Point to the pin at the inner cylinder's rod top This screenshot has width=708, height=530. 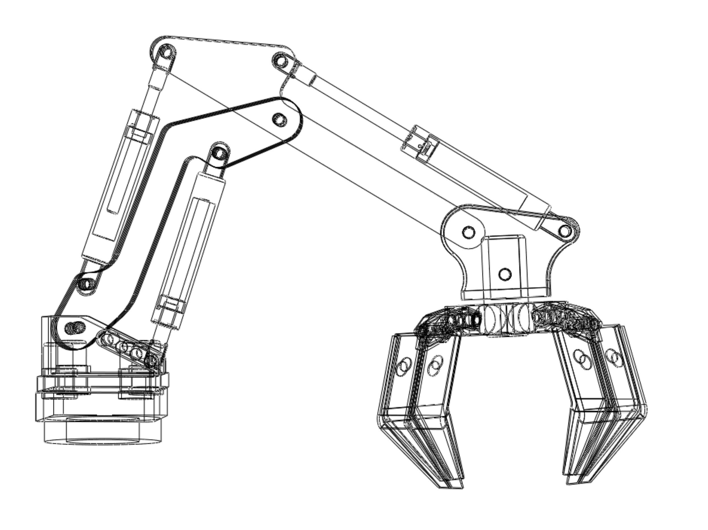coord(219,154)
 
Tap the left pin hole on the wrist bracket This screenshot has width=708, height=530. coord(469,232)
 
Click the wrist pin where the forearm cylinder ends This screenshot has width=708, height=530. coord(566,230)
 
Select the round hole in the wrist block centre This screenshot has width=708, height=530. coord(505,274)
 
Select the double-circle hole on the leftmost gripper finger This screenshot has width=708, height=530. coord(404,365)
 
